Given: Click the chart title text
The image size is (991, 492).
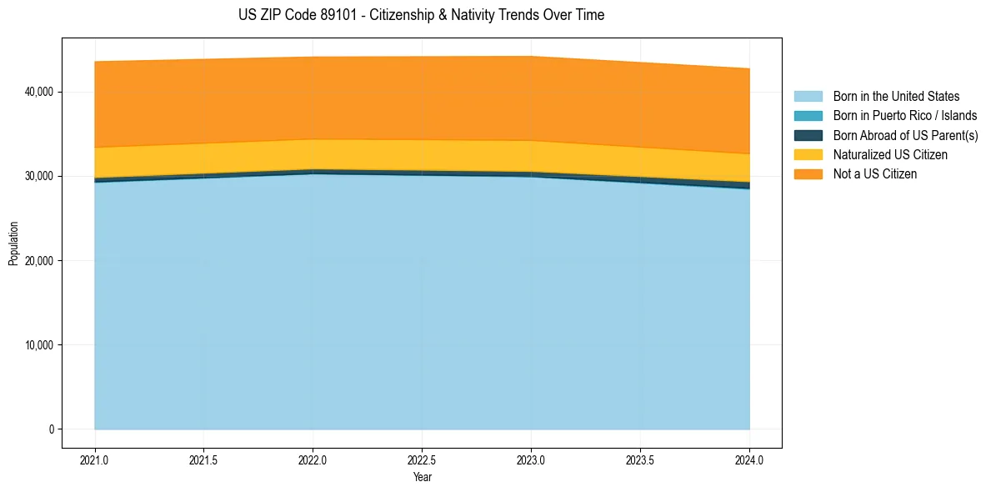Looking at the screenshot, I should [x=421, y=15].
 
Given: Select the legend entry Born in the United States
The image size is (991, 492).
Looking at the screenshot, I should [x=896, y=97].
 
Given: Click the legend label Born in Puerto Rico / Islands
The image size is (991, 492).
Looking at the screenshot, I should [x=905, y=116].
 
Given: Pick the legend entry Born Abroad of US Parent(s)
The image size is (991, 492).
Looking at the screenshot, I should [x=905, y=135].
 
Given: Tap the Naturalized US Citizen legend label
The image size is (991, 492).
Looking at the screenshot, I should [x=890, y=154].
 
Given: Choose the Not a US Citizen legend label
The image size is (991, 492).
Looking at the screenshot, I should [x=874, y=173].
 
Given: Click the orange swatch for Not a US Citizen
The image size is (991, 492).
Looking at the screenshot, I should [x=808, y=173].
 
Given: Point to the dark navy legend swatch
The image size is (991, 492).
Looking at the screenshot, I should [x=808, y=135].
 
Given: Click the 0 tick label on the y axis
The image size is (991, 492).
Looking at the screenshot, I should [x=50, y=429].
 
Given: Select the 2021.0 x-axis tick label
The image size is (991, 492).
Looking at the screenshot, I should [x=95, y=459].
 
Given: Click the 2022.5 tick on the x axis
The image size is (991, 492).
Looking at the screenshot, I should [x=422, y=459].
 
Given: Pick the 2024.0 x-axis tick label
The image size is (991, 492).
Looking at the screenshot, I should [x=749, y=459].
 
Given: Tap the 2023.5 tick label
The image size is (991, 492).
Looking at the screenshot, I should [x=640, y=459].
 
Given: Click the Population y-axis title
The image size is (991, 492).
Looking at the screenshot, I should [x=13, y=243].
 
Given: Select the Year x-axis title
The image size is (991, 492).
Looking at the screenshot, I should [x=422, y=477].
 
